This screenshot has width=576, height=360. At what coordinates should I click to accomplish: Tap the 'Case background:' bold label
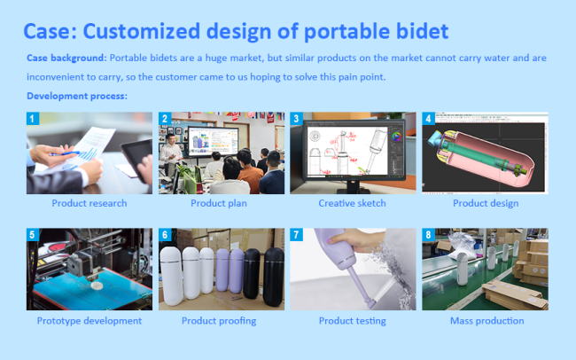coord(66,59)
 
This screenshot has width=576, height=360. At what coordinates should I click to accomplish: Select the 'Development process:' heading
coord(77,96)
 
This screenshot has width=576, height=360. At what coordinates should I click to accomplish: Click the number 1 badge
coord(33,119)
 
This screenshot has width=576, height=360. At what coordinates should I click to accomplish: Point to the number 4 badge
coord(428,119)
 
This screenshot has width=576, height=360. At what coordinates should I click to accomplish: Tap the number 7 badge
coord(297,235)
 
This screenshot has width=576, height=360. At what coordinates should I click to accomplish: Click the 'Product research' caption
coord(90,203)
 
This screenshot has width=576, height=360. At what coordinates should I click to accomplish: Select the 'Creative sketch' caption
coord(353,203)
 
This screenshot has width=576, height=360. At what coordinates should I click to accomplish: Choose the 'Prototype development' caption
coord(90,321)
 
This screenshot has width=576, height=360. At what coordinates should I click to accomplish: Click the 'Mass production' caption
coord(487,321)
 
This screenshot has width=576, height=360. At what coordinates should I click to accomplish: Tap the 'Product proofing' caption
coord(219,321)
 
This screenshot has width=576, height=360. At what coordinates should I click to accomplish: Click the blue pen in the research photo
coord(66,153)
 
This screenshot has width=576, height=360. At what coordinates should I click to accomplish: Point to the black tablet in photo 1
coord(136,160)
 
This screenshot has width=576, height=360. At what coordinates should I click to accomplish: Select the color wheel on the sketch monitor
coord(396,137)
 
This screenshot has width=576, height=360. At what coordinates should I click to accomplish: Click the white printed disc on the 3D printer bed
coord(97,286)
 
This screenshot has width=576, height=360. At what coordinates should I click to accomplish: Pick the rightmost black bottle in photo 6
coord(274,277)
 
